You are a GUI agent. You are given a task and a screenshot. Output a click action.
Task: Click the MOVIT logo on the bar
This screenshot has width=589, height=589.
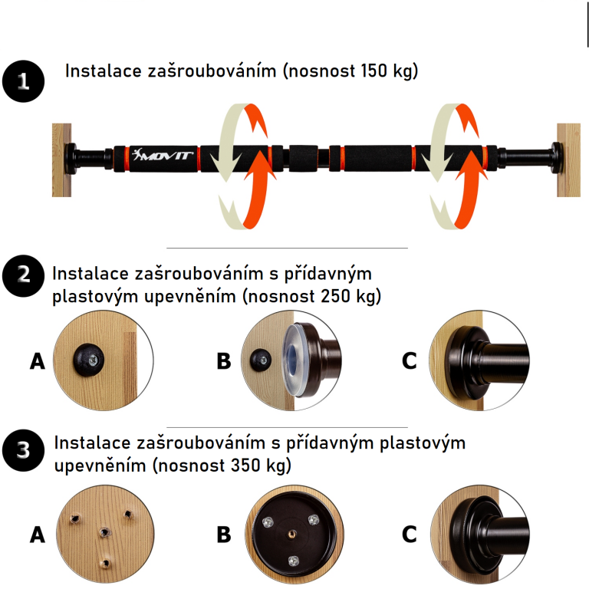coord(164,157)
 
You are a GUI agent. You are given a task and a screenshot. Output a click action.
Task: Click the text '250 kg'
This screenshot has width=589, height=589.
coord(353,296)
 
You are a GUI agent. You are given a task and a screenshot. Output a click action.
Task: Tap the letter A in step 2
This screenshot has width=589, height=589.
coord(38,360)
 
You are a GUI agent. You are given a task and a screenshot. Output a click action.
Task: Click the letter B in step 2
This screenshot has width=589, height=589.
coord(223,360)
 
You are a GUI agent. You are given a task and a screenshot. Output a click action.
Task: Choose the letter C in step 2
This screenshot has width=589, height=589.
coord(410,360)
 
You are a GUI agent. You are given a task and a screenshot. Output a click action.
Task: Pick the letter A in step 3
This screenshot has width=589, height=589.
coord(38,535)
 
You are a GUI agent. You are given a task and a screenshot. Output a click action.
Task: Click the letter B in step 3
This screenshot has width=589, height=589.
coord(223,535)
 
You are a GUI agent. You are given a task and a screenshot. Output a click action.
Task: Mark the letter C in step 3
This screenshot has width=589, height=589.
coord(410,535)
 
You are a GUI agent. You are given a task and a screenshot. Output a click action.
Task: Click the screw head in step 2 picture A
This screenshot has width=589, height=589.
coord(88,358)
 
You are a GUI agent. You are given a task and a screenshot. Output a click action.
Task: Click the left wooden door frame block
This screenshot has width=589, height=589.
coord(61,160)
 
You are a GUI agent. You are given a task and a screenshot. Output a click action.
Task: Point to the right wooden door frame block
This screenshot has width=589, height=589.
coord(568,159)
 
